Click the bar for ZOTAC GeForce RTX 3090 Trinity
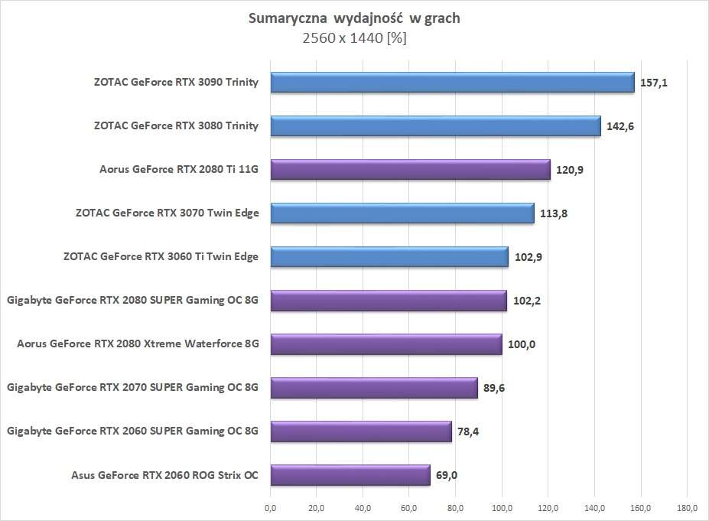point(452,82)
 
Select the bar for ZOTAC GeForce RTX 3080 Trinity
point(435,125)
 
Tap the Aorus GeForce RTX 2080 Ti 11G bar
point(410,169)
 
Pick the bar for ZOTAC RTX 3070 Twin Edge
point(402,213)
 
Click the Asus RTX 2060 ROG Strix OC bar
point(350,476)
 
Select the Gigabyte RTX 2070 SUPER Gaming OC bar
point(373,388)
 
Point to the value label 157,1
point(654,82)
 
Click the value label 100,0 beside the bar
point(522,344)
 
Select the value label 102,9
point(528,257)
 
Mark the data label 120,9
point(570,169)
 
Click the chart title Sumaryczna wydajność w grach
point(354,18)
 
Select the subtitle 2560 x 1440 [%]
point(354,37)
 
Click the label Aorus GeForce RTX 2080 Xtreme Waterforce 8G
point(138,344)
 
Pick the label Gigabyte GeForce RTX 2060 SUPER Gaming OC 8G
point(132,432)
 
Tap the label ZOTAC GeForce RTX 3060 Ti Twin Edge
point(161,257)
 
